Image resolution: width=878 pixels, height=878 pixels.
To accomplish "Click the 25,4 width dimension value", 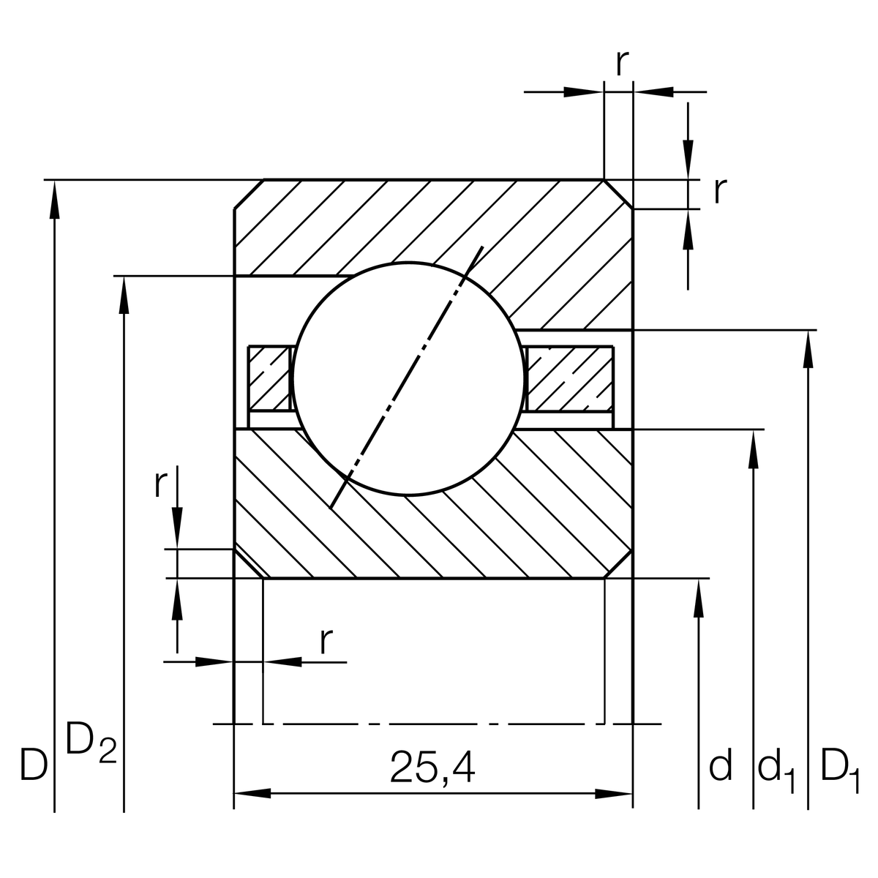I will [x=432, y=767].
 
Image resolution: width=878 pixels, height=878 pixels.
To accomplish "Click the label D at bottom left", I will [x=34, y=765].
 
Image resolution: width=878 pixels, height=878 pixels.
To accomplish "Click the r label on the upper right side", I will [x=720, y=191].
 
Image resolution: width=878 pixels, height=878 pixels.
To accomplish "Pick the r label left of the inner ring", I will [x=160, y=484].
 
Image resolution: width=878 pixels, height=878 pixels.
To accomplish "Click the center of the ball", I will [x=408, y=378].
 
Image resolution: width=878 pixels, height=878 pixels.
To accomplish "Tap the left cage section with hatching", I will [x=270, y=378].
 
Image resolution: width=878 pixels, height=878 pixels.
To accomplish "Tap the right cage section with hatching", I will [x=569, y=378].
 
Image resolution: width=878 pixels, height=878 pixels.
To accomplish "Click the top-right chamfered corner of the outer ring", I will [x=618, y=194].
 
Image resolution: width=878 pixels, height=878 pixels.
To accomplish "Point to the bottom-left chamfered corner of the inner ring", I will [x=248, y=563].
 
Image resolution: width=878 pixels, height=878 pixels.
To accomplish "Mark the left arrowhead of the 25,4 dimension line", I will [x=252, y=793].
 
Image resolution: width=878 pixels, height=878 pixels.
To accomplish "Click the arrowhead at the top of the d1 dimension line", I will [x=754, y=448].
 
